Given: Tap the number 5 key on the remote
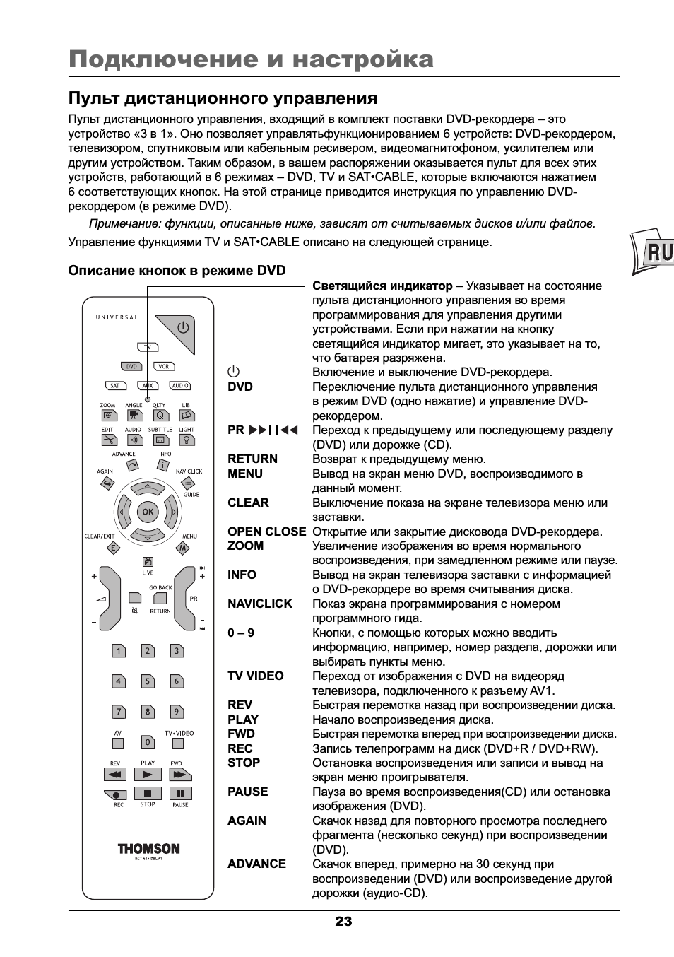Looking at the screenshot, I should pyautogui.click(x=148, y=681).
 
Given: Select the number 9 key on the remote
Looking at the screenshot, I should pyautogui.click(x=177, y=712).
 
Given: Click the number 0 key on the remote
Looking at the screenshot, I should pyautogui.click(x=148, y=742).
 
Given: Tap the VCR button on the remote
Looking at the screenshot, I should pyautogui.click(x=164, y=367).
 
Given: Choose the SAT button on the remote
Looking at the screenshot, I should pyautogui.click(x=114, y=386).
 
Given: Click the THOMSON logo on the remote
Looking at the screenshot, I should pyautogui.click(x=148, y=848).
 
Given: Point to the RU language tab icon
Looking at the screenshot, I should pyautogui.click(x=654, y=252).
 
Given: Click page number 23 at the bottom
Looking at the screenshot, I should pyautogui.click(x=343, y=921).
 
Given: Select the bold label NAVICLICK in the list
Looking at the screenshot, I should pyautogui.click(x=259, y=604).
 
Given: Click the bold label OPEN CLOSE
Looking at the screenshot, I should pyautogui.click(x=266, y=532).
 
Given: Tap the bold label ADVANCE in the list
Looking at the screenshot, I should pyautogui.click(x=256, y=864).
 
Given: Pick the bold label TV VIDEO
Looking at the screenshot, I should pyautogui.click(x=255, y=676).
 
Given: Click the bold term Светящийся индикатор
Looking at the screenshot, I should pyautogui.click(x=382, y=286).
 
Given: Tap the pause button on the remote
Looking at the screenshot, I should pyautogui.click(x=180, y=794).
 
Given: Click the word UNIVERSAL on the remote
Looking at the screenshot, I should pyautogui.click(x=117, y=317).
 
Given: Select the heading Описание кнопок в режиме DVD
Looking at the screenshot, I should pyautogui.click(x=177, y=270).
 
